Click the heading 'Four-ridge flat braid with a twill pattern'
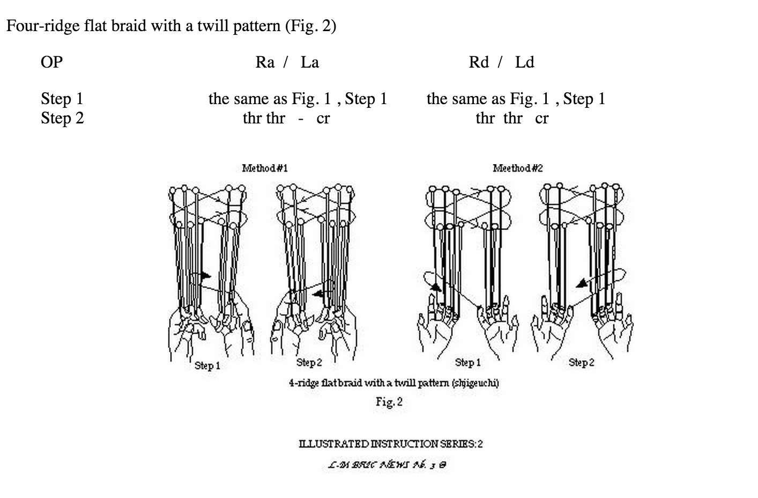coord(171,26)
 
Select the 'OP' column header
coord(51,62)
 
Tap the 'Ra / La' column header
coord(287,62)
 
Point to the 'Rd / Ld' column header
coord(501,62)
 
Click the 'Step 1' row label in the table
coord(62,99)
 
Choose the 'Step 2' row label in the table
coord(62,118)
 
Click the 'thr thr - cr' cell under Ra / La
coord(286,118)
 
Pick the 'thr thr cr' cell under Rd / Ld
coord(512,118)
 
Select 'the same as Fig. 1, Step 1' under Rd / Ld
coord(516,99)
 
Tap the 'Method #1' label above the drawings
coord(265,168)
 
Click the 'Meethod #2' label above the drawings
coord(518,168)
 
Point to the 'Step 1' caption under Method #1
coord(207,365)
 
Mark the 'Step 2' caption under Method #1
coord(309,362)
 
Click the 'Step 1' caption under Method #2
coord(468,362)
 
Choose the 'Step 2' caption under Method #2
coord(582,362)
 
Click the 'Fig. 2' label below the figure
coord(389,401)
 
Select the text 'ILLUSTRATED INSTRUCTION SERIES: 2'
coord(391,444)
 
